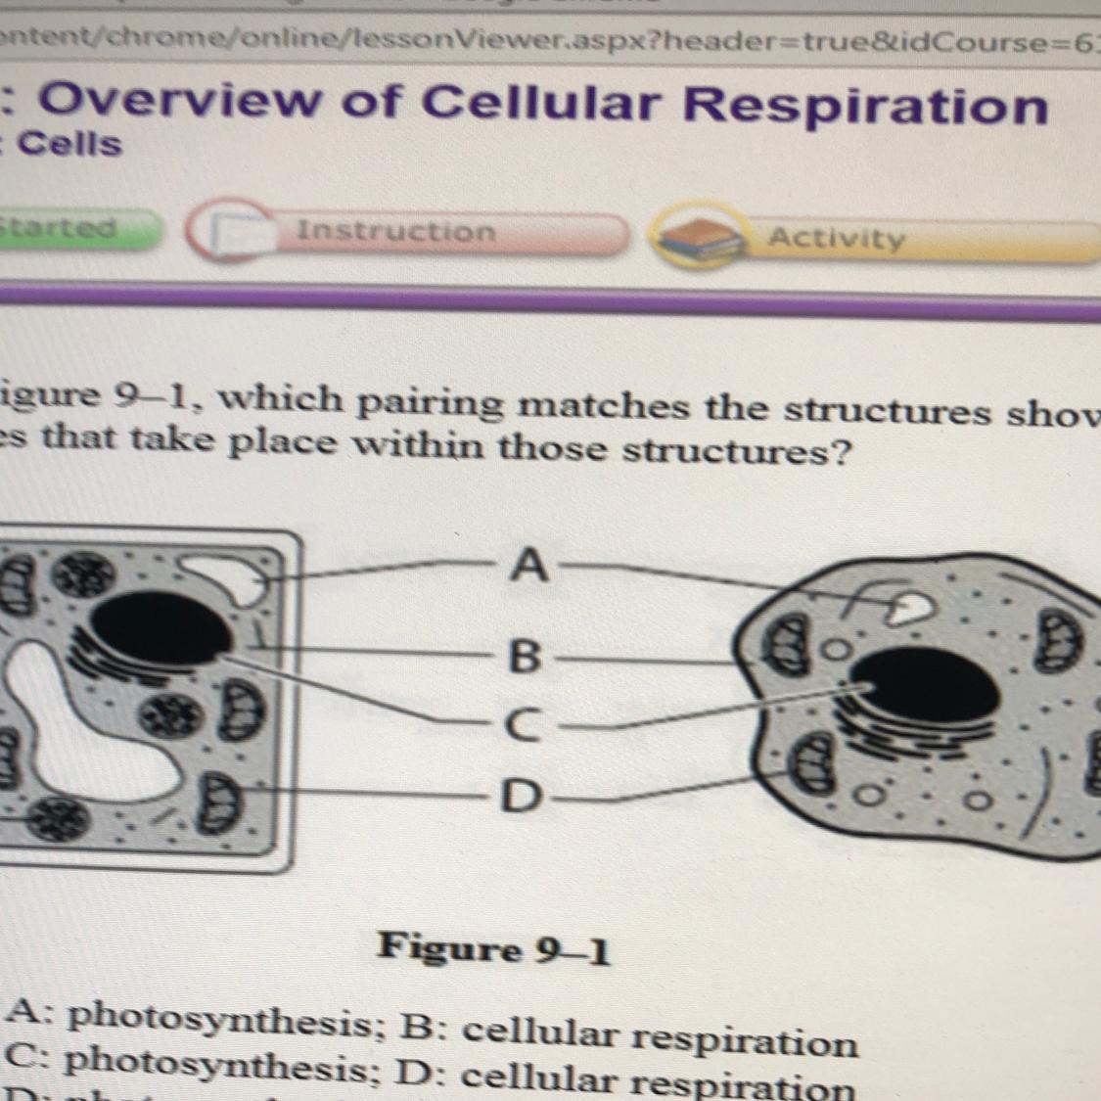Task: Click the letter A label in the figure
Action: [x=528, y=566]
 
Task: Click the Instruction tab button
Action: [x=396, y=231]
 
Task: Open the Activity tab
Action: [x=837, y=238]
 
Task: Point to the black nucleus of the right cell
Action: [x=926, y=690]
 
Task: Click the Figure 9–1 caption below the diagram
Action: [x=494, y=947]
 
